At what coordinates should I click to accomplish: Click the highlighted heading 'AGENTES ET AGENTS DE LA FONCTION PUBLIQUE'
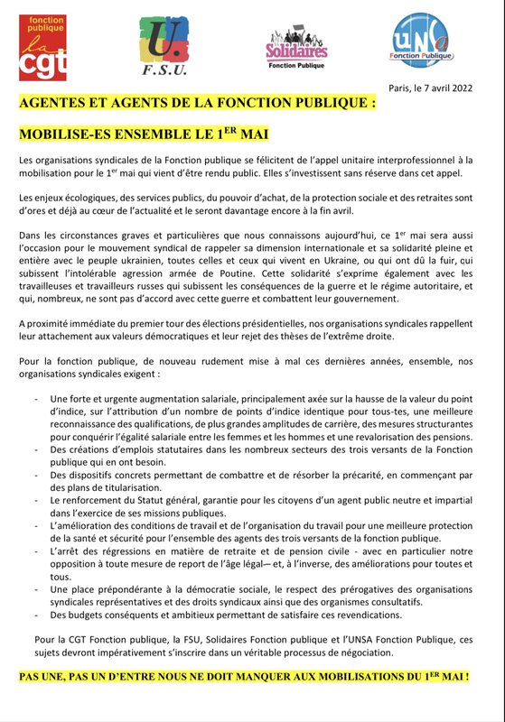[x=197, y=104]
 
